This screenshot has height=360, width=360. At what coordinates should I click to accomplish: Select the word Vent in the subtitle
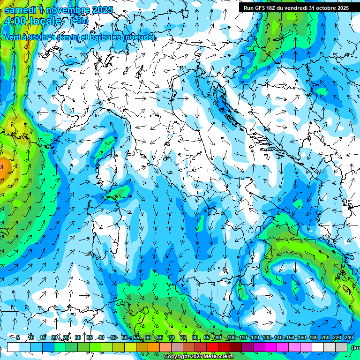click(x=13, y=37)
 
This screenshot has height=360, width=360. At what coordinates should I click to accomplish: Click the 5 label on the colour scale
click(x=18, y=337)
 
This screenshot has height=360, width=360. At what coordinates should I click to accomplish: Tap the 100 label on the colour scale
click(x=231, y=337)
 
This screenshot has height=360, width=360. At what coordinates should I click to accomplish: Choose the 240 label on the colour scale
click(x=348, y=337)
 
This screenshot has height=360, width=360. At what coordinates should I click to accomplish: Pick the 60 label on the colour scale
click(x=148, y=337)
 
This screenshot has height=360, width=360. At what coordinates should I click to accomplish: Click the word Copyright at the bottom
click(x=177, y=357)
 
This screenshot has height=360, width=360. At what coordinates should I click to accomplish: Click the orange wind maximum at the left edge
click(x=3, y=168)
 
